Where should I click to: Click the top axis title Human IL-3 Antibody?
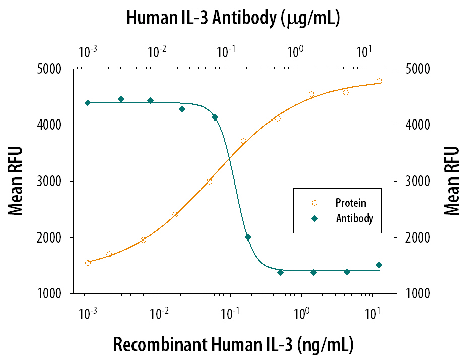(x=233, y=19)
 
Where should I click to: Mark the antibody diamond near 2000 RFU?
(x=247, y=237)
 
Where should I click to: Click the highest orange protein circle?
(x=379, y=81)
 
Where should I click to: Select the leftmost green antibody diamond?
(x=88, y=102)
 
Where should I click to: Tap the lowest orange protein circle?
(x=88, y=263)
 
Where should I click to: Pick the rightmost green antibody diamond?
(x=379, y=265)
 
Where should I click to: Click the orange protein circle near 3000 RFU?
(x=209, y=182)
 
